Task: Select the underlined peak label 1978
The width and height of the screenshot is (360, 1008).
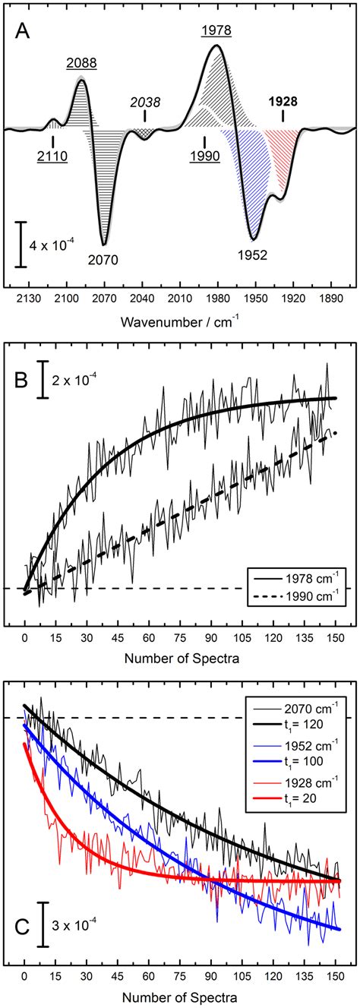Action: (x=216, y=30)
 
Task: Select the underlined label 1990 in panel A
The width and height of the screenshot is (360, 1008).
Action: (x=204, y=156)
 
